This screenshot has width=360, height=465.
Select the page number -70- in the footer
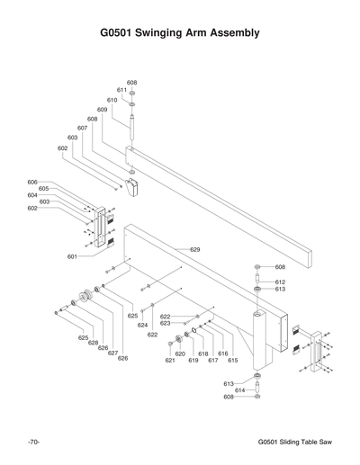pyautogui.click(x=32, y=443)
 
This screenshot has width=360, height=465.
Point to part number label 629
pyautogui.click(x=194, y=249)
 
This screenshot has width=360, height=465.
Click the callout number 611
pyautogui.click(x=121, y=90)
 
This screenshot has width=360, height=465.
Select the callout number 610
pyautogui.click(x=112, y=100)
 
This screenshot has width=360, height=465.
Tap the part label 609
pyautogui.click(x=103, y=110)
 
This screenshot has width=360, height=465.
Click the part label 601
pyautogui.click(x=71, y=256)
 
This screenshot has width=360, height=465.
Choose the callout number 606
pyautogui.click(x=32, y=182)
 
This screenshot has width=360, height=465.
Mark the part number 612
pyautogui.click(x=280, y=282)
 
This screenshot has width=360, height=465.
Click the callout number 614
pyautogui.click(x=240, y=390)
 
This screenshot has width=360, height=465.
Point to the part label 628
pyautogui.click(x=93, y=343)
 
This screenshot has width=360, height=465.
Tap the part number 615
pyautogui.click(x=232, y=360)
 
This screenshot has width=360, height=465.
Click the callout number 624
pyautogui.click(x=142, y=326)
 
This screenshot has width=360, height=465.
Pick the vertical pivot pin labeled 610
pyautogui.click(x=132, y=126)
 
